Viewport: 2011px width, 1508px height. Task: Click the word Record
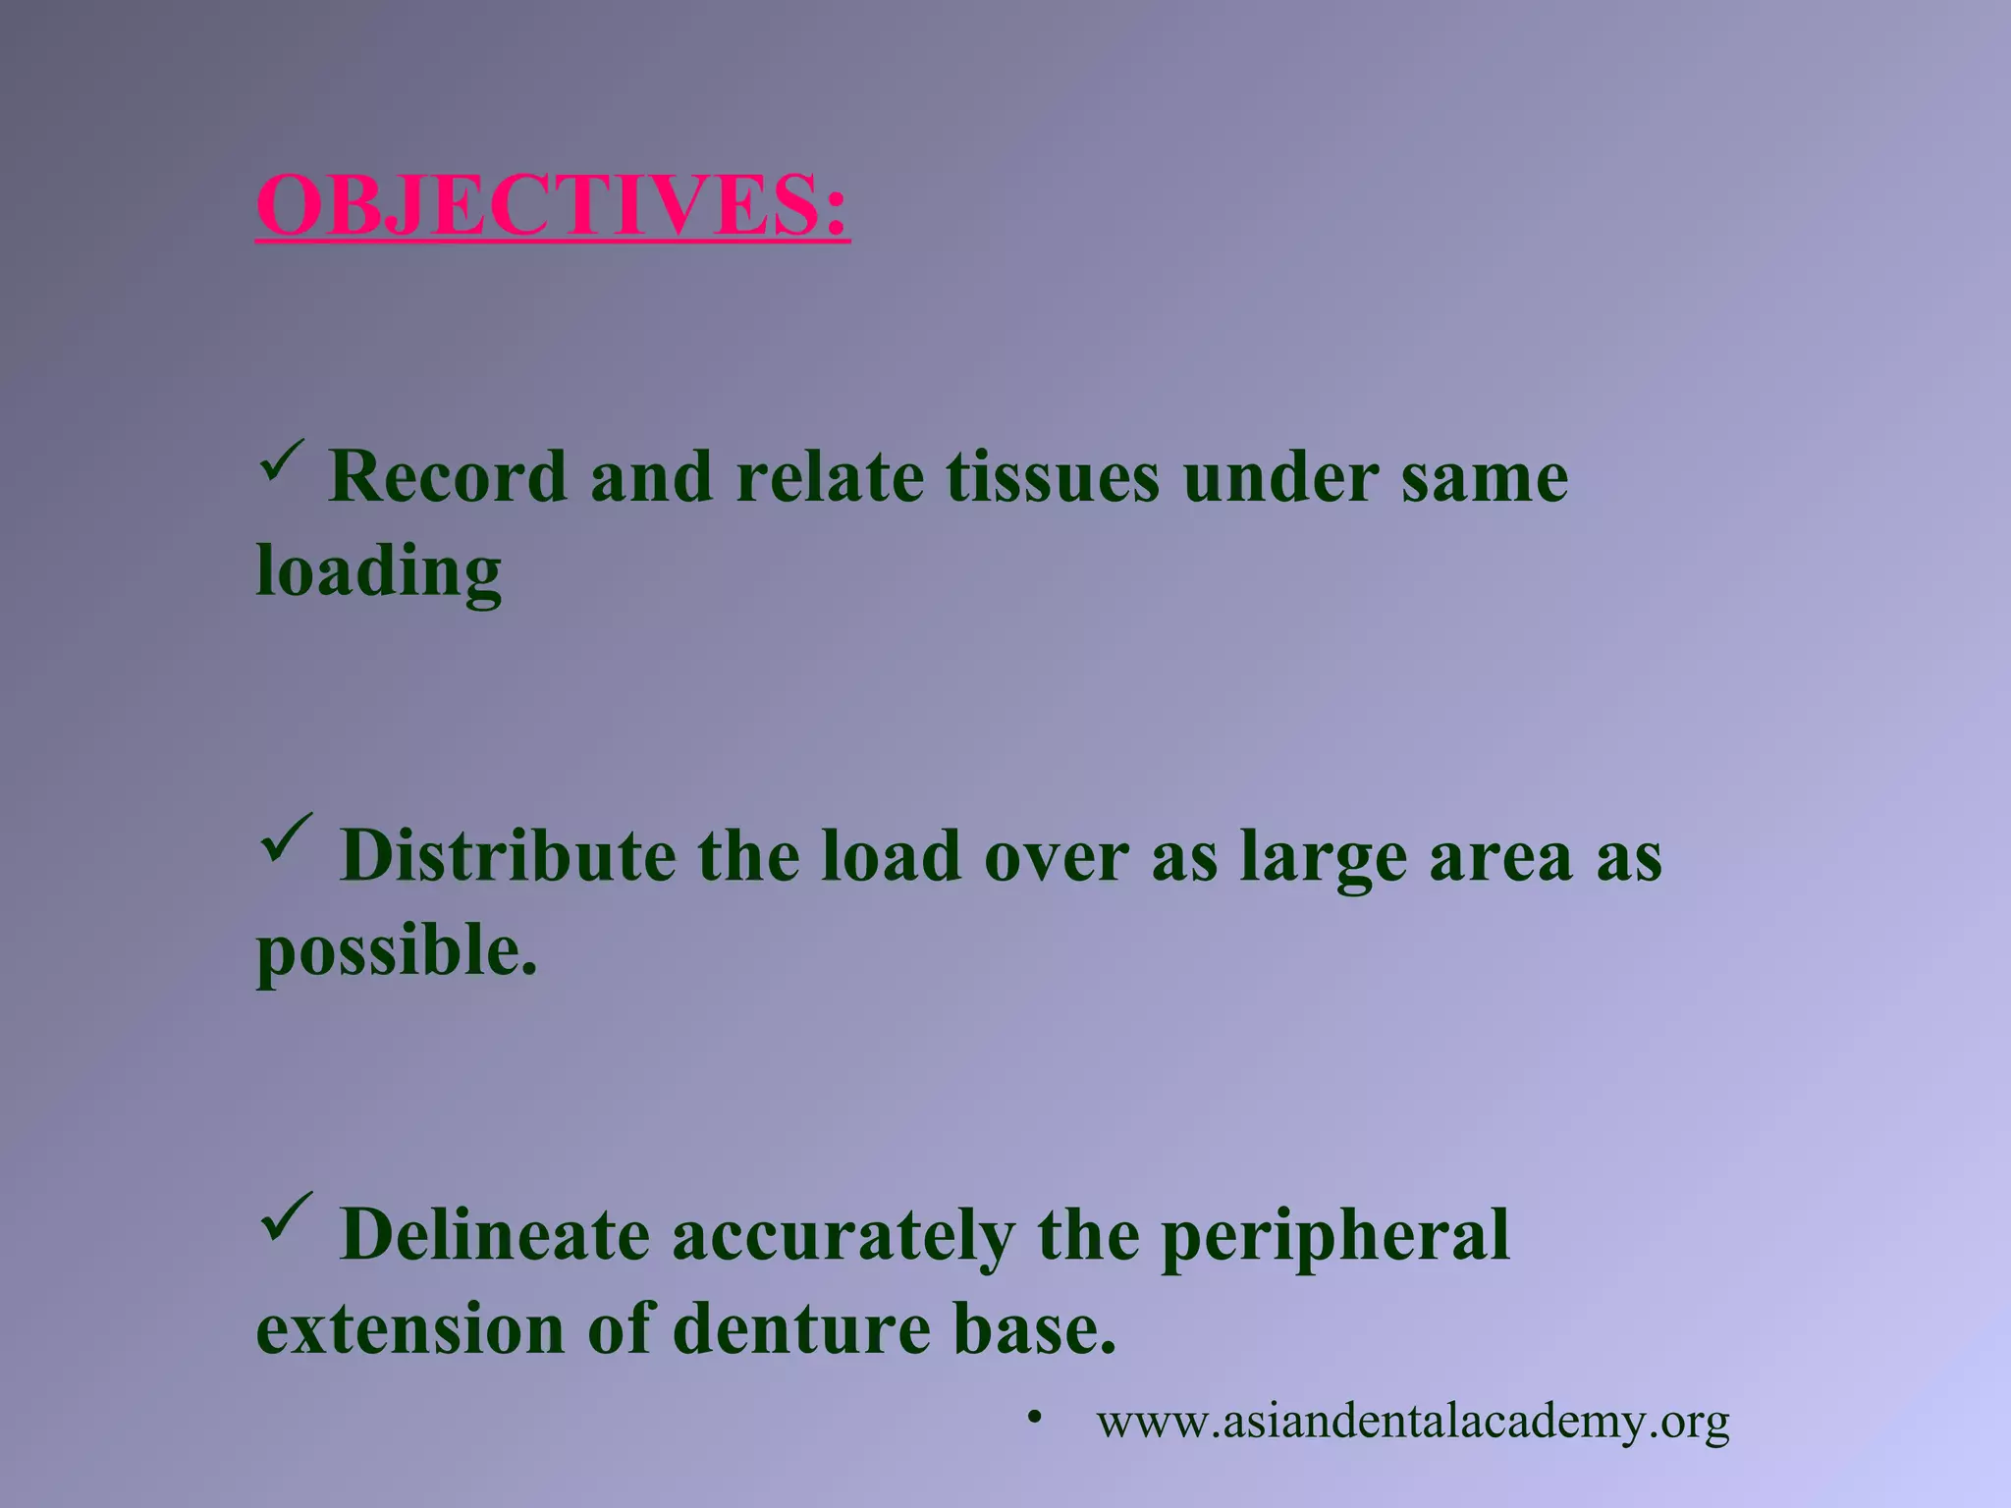point(448,477)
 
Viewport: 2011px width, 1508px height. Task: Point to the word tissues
point(1053,477)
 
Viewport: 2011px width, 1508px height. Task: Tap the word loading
point(379,571)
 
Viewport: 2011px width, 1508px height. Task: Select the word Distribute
point(507,856)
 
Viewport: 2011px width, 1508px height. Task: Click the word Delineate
point(494,1235)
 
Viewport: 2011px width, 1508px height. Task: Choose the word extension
point(409,1329)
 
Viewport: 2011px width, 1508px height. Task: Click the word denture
point(801,1329)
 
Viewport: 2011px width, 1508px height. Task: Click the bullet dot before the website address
point(1033,1418)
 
